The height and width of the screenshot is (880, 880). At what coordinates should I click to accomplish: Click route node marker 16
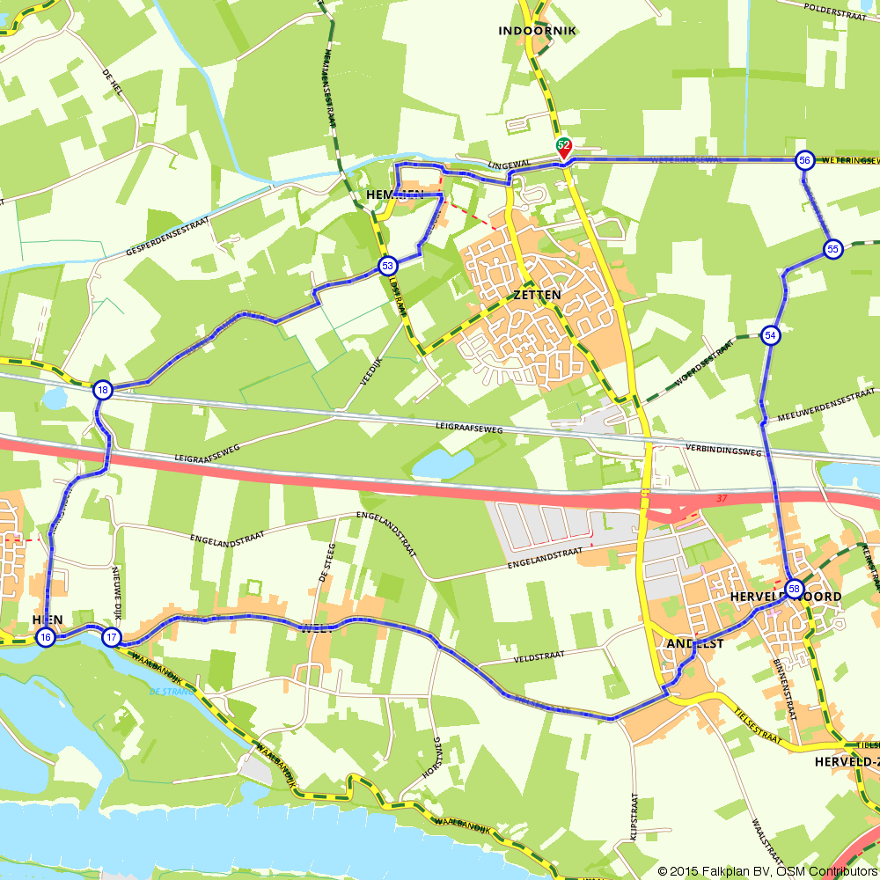[x=46, y=637]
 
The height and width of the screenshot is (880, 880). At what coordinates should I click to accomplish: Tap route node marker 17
[x=111, y=637]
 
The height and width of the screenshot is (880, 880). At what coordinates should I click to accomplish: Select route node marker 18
[x=103, y=391]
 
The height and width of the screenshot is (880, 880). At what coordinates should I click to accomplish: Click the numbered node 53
[x=387, y=265]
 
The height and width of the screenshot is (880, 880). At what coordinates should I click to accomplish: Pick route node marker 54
[x=771, y=335]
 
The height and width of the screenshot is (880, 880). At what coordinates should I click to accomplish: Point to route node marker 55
[x=832, y=249]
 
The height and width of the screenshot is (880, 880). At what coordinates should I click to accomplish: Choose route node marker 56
[x=803, y=160]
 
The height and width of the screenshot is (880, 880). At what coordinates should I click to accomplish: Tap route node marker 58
[x=794, y=589]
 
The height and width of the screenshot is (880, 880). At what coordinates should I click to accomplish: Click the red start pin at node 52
[x=563, y=148]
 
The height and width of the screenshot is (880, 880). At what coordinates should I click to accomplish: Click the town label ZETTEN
[x=533, y=296]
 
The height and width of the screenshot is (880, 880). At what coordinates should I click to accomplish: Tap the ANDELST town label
[x=695, y=644]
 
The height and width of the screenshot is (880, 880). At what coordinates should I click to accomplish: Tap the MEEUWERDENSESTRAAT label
[x=822, y=402]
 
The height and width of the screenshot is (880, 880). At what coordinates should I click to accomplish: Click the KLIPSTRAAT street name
[x=634, y=818]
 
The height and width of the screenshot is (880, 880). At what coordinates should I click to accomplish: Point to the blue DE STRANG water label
[x=165, y=692]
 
